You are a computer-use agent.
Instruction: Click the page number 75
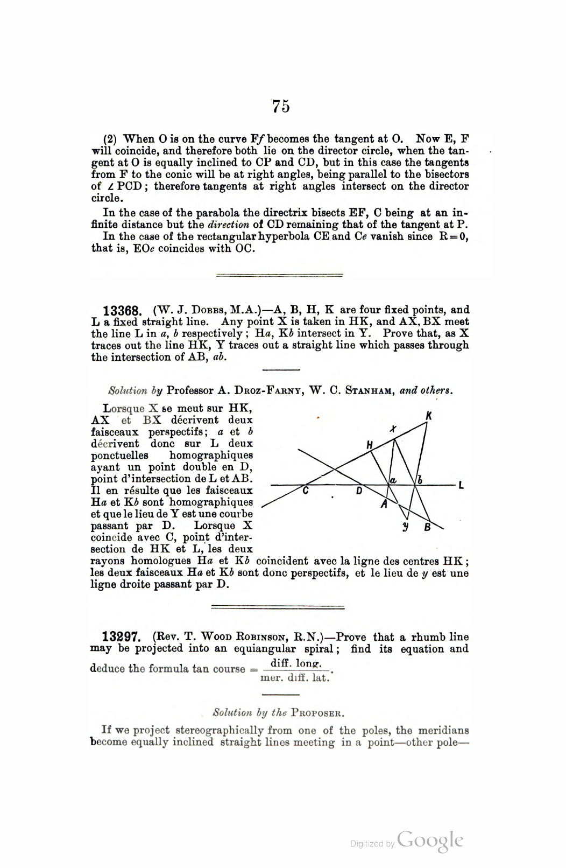pyautogui.click(x=281, y=107)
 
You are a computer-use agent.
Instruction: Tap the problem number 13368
pyautogui.click(x=122, y=311)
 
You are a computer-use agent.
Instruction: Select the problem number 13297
pyautogui.click(x=122, y=638)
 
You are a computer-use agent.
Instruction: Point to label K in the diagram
pyautogui.click(x=429, y=416)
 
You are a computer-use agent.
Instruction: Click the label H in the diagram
pyautogui.click(x=370, y=445)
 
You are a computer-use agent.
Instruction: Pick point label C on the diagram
pyautogui.click(x=305, y=491)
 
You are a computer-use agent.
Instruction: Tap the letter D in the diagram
pyautogui.click(x=359, y=491)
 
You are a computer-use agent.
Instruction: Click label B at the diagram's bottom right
pyautogui.click(x=428, y=528)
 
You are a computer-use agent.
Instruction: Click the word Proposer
pyautogui.click(x=317, y=713)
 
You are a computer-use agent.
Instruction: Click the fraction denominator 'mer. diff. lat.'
pyautogui.click(x=294, y=678)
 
